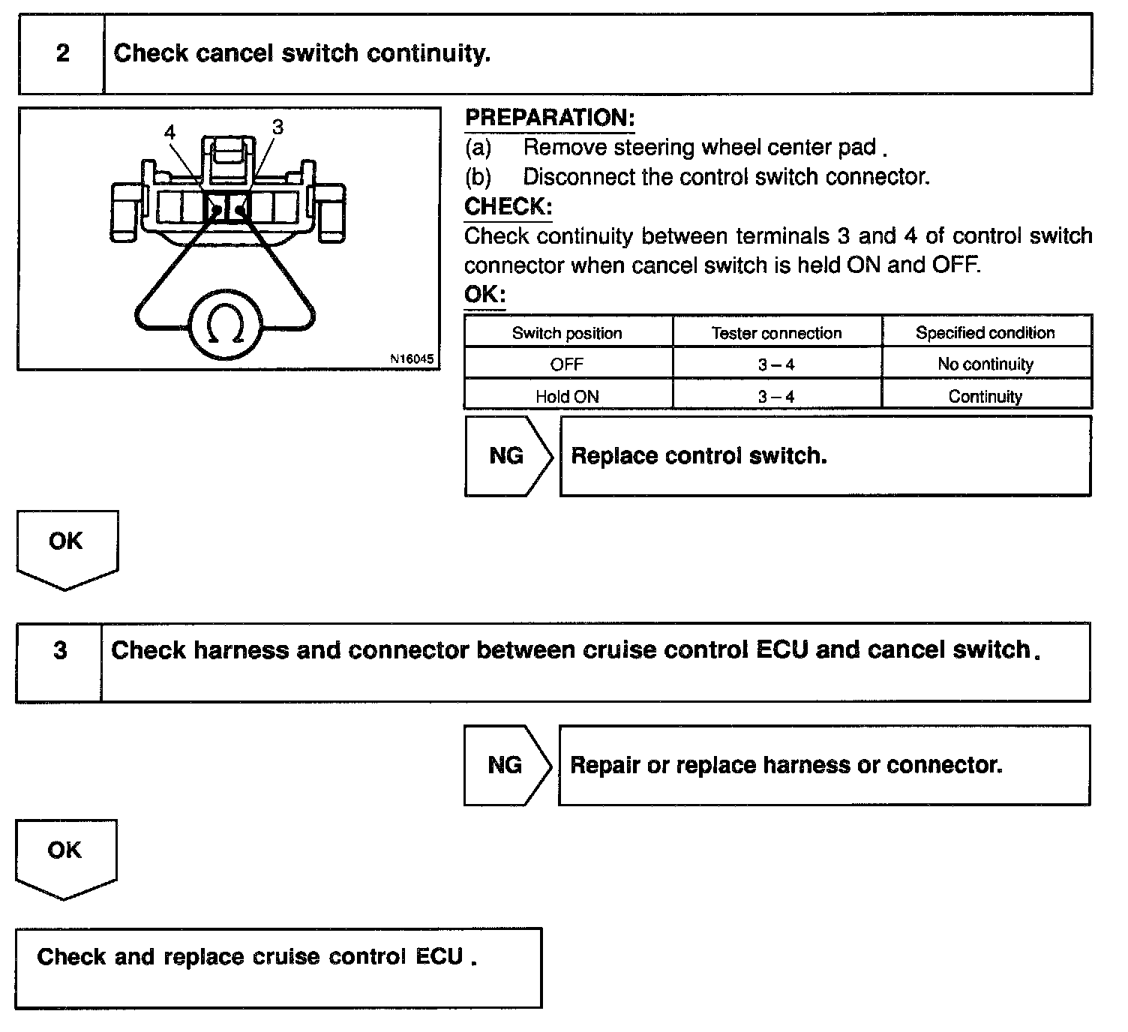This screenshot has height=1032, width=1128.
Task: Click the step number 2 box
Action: (62, 53)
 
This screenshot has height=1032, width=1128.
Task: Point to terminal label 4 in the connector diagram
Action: (170, 133)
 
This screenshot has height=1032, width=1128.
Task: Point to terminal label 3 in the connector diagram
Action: (278, 127)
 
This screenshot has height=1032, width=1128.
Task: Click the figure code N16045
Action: (412, 358)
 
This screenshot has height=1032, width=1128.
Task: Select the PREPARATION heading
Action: (549, 118)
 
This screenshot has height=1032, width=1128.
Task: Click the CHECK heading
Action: (508, 206)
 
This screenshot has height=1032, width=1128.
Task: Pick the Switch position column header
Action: (567, 333)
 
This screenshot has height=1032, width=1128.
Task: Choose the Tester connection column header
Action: (776, 333)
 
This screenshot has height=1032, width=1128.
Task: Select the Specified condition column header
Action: (985, 333)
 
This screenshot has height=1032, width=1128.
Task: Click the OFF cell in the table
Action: (567, 364)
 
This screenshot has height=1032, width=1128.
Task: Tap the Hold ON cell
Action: (567, 397)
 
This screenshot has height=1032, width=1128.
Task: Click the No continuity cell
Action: (985, 364)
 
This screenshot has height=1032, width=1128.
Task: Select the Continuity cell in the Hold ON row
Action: (985, 397)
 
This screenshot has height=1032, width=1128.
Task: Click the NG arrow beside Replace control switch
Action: (507, 456)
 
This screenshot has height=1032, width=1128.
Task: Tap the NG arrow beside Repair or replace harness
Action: (505, 765)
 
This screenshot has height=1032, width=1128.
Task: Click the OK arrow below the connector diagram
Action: (66, 545)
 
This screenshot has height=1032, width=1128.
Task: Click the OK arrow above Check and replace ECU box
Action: (64, 854)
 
